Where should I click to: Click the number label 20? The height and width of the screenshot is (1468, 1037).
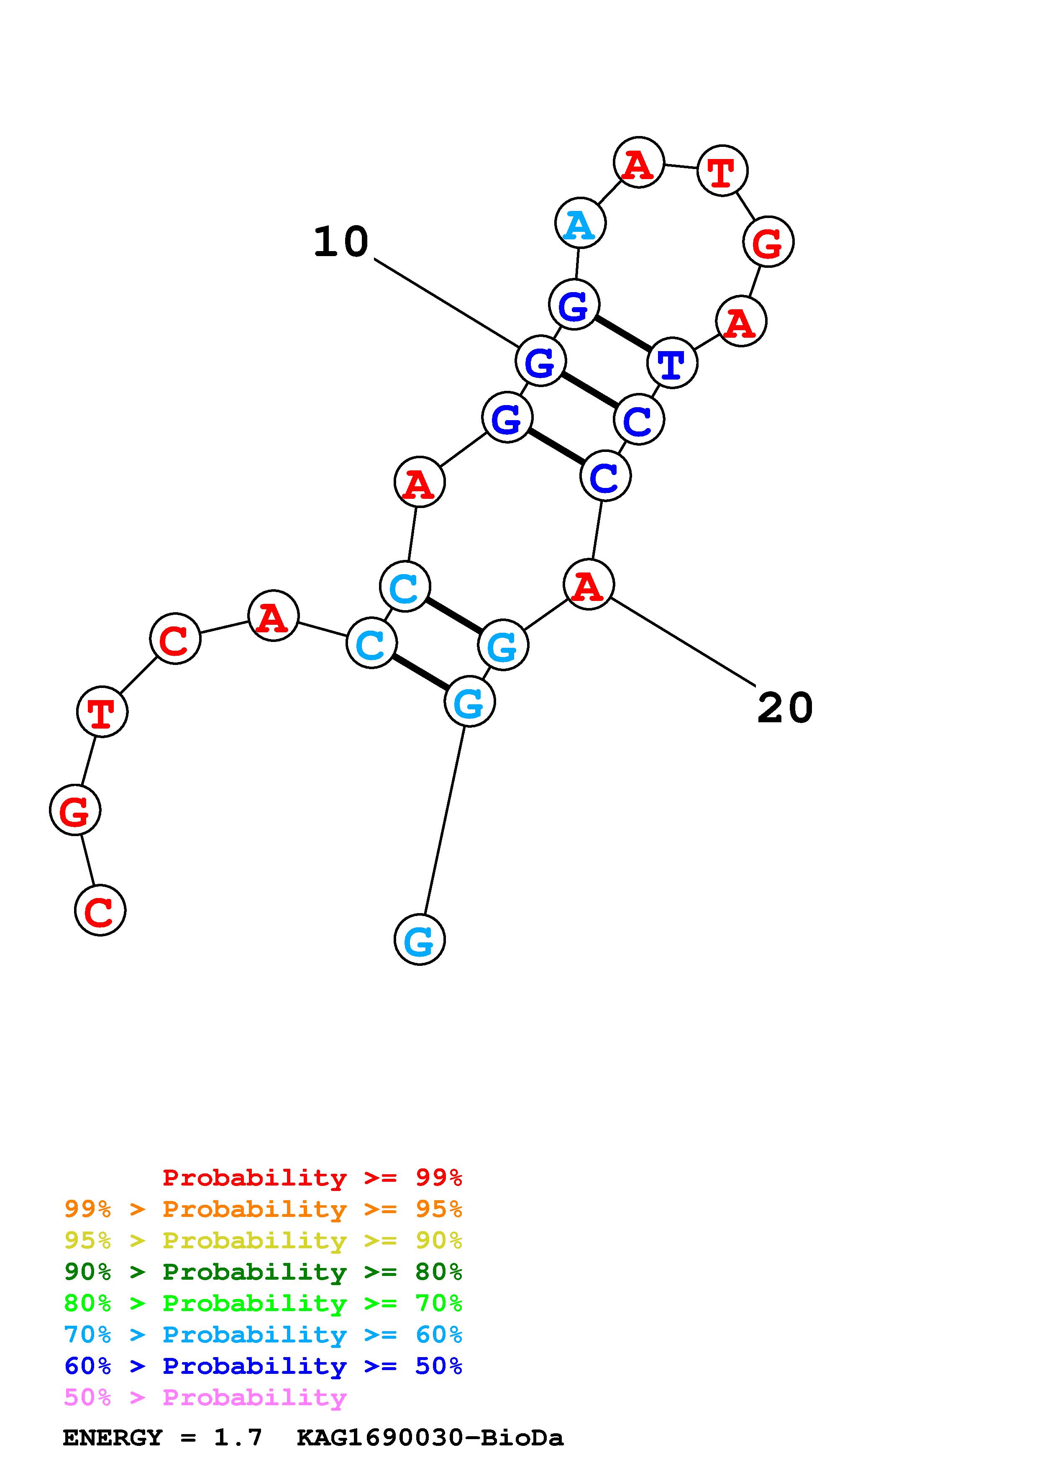click(x=785, y=708)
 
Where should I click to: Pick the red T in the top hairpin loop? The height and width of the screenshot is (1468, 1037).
click(x=722, y=171)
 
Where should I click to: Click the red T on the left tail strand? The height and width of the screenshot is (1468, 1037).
click(x=102, y=712)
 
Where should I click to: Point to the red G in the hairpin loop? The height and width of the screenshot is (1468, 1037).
click(x=768, y=242)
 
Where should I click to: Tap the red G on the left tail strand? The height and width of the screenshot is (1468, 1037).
click(x=75, y=810)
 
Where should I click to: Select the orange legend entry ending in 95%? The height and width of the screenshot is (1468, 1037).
click(x=263, y=1209)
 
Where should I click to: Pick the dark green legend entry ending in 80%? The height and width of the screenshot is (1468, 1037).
click(x=263, y=1272)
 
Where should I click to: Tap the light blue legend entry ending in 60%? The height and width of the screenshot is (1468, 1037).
click(x=263, y=1335)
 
